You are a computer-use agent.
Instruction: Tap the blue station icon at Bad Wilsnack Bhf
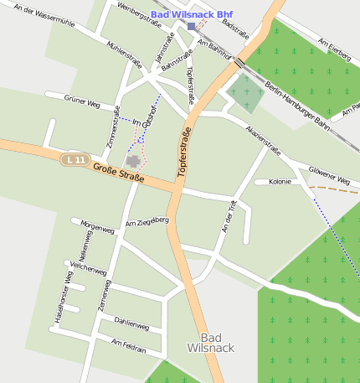191,27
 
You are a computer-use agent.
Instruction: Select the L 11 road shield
75,158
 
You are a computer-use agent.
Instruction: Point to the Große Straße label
118,173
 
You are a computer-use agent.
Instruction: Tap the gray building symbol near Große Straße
132,160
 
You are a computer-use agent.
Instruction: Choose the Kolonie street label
280,181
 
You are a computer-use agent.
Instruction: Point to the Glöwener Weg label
328,175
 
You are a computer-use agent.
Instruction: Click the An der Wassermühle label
44,16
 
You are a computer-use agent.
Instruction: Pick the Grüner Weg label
82,101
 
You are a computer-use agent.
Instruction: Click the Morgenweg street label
95,225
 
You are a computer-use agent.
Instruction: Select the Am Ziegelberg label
147,221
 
